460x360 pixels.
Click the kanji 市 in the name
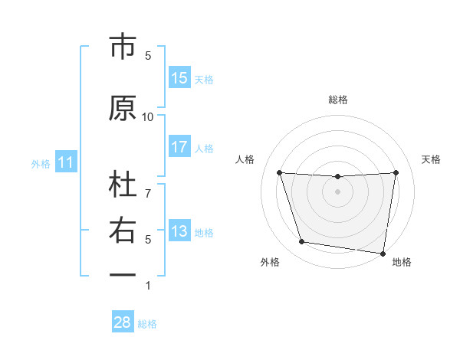123,47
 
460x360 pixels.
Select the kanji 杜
123,186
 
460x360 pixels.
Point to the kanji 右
123,231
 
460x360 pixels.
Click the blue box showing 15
179,78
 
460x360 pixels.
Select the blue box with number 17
179,147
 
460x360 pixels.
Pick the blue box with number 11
66,162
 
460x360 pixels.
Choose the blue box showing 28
123,323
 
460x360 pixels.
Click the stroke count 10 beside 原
148,116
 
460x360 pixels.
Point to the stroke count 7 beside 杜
148,185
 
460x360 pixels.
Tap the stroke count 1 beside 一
148,285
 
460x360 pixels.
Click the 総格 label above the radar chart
338,100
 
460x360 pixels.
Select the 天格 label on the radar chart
432,159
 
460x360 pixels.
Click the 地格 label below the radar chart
402,263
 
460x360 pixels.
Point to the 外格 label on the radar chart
270,263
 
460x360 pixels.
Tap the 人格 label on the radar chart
245,159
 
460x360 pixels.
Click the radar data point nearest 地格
383,253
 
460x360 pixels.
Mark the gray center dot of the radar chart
338,191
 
